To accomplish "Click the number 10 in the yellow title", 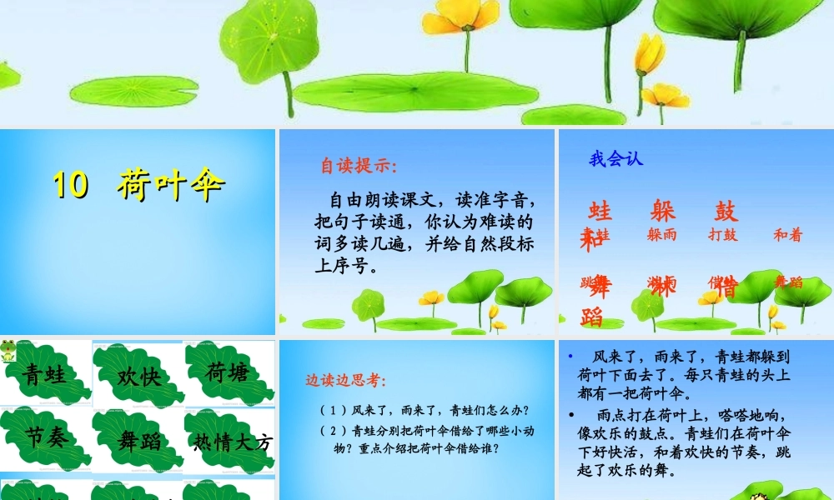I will click(x=71, y=185).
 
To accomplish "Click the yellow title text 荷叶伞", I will click(x=171, y=185).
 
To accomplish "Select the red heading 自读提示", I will click(x=359, y=165).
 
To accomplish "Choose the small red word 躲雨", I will click(x=662, y=235).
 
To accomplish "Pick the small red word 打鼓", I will click(x=722, y=235).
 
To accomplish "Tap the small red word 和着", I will click(x=787, y=235).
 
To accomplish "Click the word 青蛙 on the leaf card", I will click(x=45, y=374).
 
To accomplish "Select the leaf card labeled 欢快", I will click(x=138, y=377).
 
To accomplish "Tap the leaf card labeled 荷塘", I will click(x=227, y=372).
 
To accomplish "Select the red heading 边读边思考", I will click(x=345, y=381).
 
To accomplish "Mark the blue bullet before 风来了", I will click(x=570, y=355).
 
